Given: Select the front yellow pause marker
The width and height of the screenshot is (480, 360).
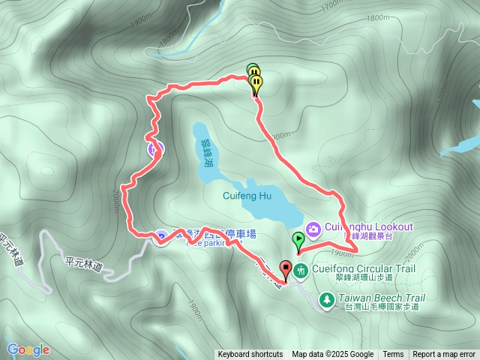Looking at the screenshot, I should pos(256,82).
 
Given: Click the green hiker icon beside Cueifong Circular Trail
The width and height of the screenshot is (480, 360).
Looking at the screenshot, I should pos(301,269).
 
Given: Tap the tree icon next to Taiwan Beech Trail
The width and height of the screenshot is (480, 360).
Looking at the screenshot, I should pos(327,299).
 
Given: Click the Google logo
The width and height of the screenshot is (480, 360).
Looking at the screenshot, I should pos(28,349).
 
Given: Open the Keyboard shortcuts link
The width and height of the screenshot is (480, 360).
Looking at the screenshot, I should pos(250,355).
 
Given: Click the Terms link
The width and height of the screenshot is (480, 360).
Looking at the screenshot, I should pos(393,355).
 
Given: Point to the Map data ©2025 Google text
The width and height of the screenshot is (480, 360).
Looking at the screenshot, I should pos(332,355).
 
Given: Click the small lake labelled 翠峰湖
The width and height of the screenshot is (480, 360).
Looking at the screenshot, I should pos(206,151).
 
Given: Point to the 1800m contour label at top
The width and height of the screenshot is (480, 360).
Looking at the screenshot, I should pos(379,17).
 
